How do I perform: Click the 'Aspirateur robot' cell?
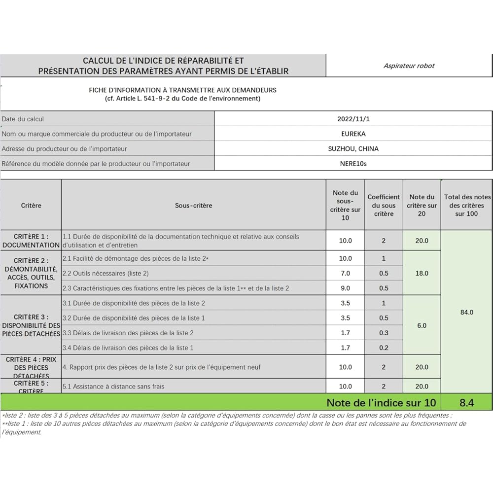pyautogui.click(x=409, y=66)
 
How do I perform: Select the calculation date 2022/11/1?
pyautogui.click(x=353, y=119)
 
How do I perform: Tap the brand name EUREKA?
pyautogui.click(x=353, y=134)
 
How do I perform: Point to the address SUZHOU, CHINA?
pyautogui.click(x=353, y=148)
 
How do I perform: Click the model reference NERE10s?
pyautogui.click(x=353, y=164)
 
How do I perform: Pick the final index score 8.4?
pyautogui.click(x=466, y=403)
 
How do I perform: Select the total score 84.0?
pyautogui.click(x=466, y=312)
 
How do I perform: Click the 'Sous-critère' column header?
pyautogui.click(x=193, y=205)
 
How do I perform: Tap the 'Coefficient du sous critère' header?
pyautogui.click(x=384, y=205)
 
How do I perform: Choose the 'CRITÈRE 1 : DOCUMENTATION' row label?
pyautogui.click(x=31, y=241)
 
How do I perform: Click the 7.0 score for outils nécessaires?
pyautogui.click(x=345, y=273)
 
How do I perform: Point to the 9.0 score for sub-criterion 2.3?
pyautogui.click(x=345, y=288)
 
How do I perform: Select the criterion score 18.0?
pyautogui.click(x=422, y=273)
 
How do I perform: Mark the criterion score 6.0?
pyautogui.click(x=422, y=325)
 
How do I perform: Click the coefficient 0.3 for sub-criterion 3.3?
pyautogui.click(x=384, y=333)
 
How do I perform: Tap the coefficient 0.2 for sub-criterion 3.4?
pyautogui.click(x=384, y=348)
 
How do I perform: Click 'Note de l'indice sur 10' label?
pyautogui.click(x=381, y=403)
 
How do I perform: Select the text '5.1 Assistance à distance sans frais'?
pyautogui.click(x=113, y=387)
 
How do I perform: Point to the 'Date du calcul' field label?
pyautogui.click(x=23, y=119)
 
